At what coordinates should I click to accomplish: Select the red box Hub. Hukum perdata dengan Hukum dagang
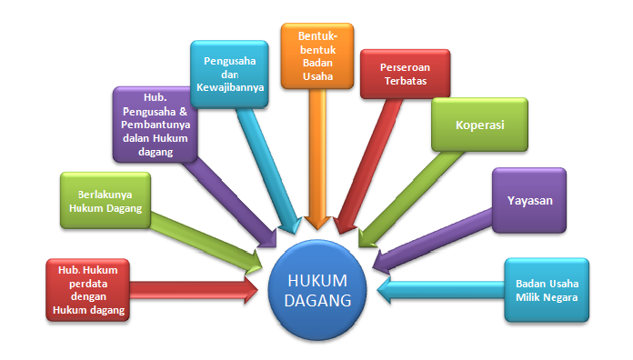(x=88, y=288)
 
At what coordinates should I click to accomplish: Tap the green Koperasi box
(x=467, y=125)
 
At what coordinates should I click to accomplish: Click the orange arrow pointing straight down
(x=317, y=164)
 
